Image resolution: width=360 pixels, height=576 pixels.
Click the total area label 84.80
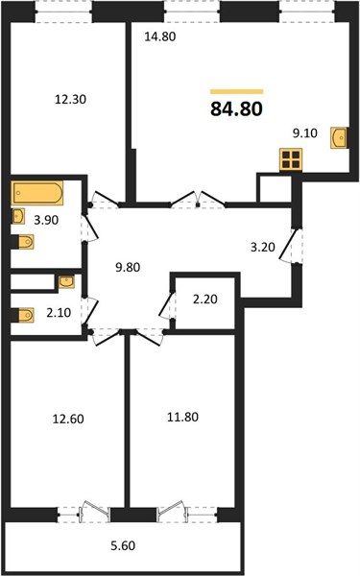point(236,109)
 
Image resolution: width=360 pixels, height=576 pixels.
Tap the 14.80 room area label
point(160,36)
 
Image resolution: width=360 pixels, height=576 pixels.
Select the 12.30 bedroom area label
point(70,99)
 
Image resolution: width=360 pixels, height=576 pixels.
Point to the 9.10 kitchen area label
point(305,133)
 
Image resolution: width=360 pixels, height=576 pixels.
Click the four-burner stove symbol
point(291,159)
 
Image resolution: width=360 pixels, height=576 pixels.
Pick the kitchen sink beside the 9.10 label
point(338,137)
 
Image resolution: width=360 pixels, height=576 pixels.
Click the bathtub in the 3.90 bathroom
point(36,193)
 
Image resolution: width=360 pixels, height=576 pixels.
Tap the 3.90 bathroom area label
point(46,221)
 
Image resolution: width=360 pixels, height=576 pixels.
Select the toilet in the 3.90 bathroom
point(23,242)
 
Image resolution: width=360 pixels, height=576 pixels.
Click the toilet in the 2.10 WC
point(23,315)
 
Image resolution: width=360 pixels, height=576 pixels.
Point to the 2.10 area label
point(59,313)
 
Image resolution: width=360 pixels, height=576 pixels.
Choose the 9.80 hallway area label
point(128,267)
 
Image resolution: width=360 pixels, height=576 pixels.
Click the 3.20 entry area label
point(263,248)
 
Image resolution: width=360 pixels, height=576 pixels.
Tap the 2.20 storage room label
point(205,300)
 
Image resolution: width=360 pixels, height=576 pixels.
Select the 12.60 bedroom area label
point(68,419)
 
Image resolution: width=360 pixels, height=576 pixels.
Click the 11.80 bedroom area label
point(183,418)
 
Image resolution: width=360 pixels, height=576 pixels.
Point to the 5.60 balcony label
point(123,546)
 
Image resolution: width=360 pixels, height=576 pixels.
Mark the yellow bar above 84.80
point(236,92)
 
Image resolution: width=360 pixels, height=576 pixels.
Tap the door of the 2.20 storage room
point(167,304)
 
